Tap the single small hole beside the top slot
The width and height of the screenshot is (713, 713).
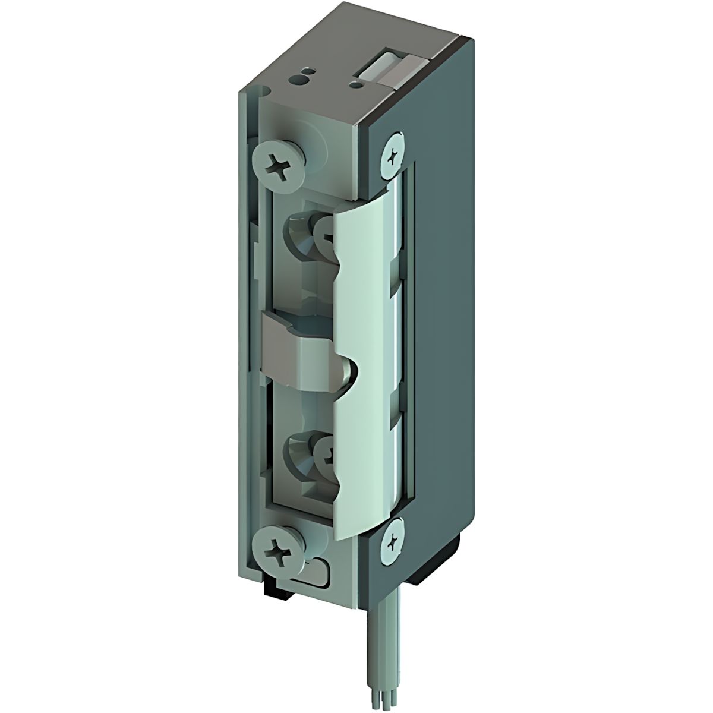(356, 85)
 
